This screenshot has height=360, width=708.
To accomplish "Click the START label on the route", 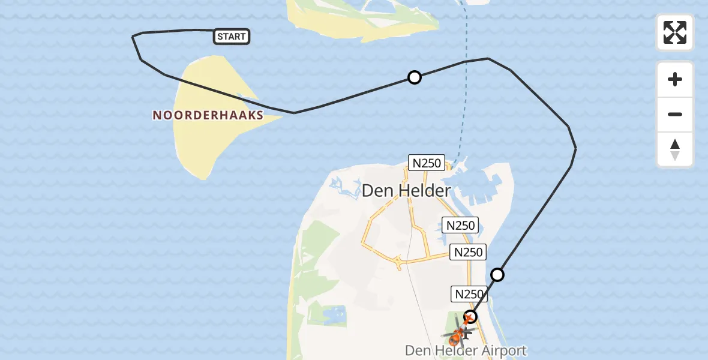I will point(232,37).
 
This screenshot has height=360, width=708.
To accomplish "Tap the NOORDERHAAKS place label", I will point(208,115).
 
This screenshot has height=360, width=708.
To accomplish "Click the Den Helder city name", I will point(406,191).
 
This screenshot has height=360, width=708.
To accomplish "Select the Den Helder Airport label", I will point(466,350).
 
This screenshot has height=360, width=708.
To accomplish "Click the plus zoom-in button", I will point(675,79).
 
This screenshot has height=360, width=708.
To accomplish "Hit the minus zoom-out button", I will point(675,114).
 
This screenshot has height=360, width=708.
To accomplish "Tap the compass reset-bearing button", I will point(675,149).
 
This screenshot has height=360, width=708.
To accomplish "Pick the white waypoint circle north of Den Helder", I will point(414,77).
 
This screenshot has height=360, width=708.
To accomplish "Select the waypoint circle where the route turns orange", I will point(471,316).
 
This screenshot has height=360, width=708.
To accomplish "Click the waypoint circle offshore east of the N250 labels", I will point(497,275).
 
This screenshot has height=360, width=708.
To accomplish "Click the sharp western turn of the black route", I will point(133,37).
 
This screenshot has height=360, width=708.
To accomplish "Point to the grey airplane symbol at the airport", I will point(466,331).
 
